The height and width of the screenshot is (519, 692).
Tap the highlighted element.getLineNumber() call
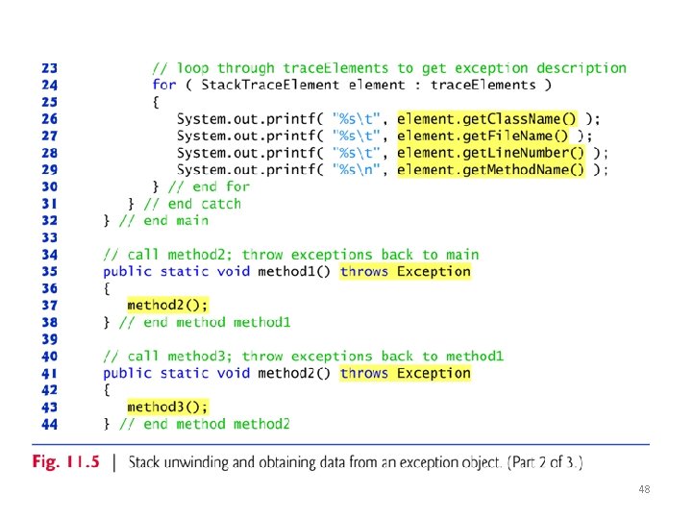point(491,153)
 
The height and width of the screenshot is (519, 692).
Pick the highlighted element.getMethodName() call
point(491,170)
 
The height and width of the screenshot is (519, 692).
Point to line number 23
point(49,68)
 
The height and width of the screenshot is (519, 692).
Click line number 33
point(49,237)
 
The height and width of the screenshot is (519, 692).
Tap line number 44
point(49,424)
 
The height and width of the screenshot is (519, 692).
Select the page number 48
point(644,490)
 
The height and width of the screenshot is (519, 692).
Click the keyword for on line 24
point(164,85)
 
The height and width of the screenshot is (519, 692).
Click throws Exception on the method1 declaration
point(406,272)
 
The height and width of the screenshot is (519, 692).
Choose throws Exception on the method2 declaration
point(406,374)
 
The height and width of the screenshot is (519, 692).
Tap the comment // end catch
point(192,204)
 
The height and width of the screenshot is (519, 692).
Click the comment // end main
point(163,221)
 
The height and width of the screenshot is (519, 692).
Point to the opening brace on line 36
point(108,288)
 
